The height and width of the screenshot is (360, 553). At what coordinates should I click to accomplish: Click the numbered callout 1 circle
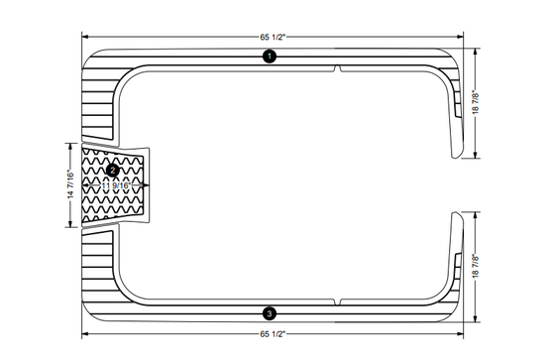270,58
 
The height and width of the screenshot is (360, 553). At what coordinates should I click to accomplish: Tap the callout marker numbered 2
112,171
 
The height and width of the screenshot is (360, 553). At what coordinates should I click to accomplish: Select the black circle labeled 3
270,312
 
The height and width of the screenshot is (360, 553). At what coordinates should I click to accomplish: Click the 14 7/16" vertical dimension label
70,185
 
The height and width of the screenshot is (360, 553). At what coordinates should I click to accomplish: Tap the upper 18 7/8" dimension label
477,103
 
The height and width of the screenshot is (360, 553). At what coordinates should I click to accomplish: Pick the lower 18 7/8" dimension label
477,267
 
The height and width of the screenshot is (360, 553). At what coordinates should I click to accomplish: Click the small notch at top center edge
339,68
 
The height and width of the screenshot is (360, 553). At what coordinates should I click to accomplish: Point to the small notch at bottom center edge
339,301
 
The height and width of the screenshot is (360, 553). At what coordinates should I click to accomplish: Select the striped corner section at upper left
100,99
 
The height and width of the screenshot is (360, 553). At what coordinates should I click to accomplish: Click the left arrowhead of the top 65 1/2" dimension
83,37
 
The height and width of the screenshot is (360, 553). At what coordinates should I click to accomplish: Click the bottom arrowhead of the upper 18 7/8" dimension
477,156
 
